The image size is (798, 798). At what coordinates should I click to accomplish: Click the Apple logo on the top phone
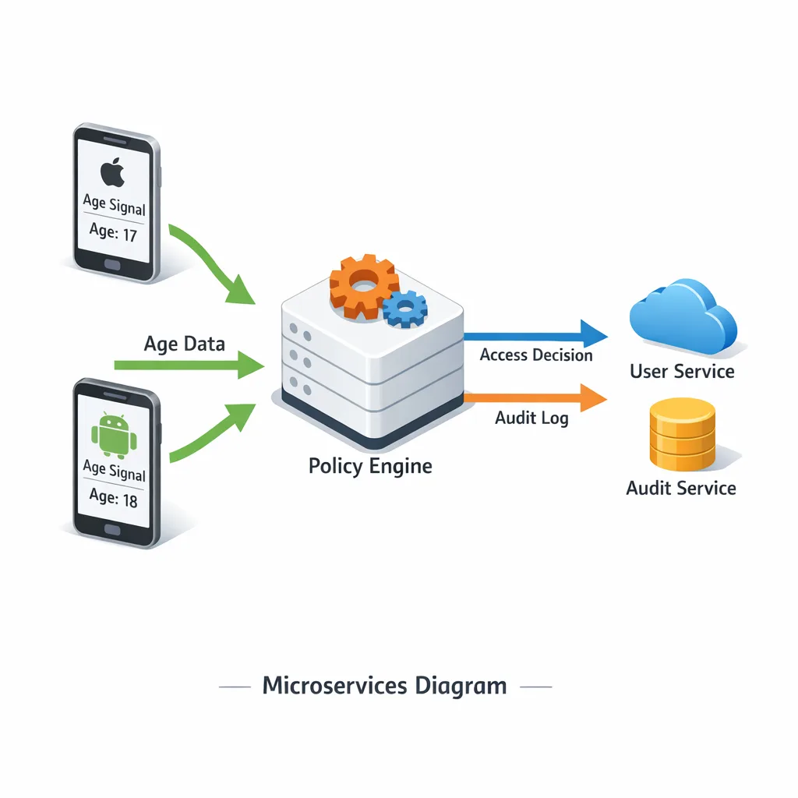click(x=114, y=173)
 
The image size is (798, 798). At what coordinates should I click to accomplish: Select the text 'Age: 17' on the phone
click(x=114, y=233)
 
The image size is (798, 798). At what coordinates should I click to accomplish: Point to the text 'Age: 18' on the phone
click(x=114, y=497)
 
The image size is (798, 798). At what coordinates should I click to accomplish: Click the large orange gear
click(x=363, y=286)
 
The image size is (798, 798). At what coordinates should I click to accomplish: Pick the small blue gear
click(x=405, y=309)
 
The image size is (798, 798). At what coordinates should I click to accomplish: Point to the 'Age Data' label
click(x=185, y=344)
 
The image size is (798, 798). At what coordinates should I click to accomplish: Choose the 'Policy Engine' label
click(x=369, y=466)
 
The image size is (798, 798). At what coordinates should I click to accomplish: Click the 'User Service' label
click(x=682, y=371)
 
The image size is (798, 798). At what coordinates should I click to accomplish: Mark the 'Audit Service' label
click(x=681, y=489)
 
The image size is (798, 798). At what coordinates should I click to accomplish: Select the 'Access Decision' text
click(x=536, y=355)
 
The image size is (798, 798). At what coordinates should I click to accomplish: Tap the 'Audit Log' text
click(x=531, y=418)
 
